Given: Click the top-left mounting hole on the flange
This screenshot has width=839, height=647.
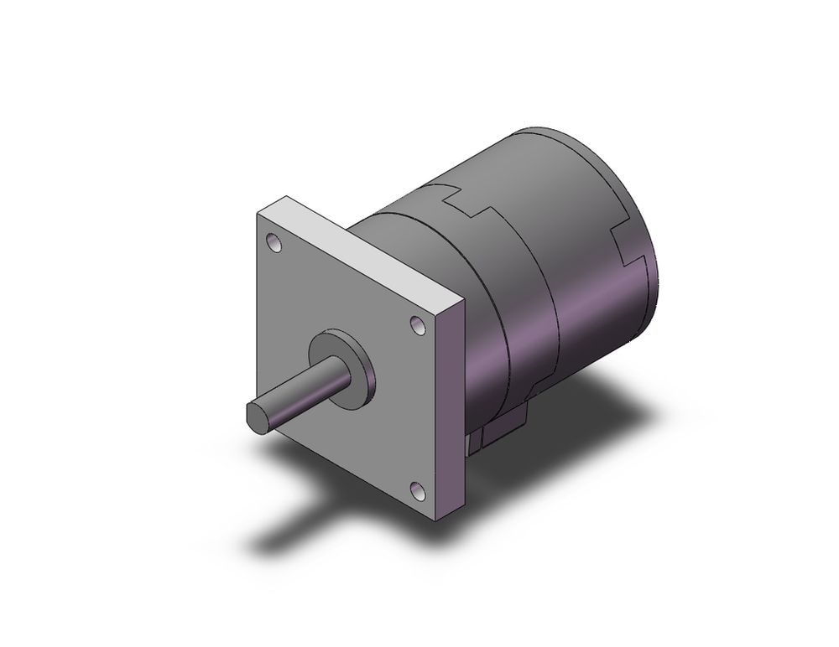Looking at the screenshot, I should pos(274,244).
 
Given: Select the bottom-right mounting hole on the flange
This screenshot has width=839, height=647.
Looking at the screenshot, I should pos(417,489).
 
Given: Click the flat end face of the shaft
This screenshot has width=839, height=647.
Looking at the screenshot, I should pos(257,416).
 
